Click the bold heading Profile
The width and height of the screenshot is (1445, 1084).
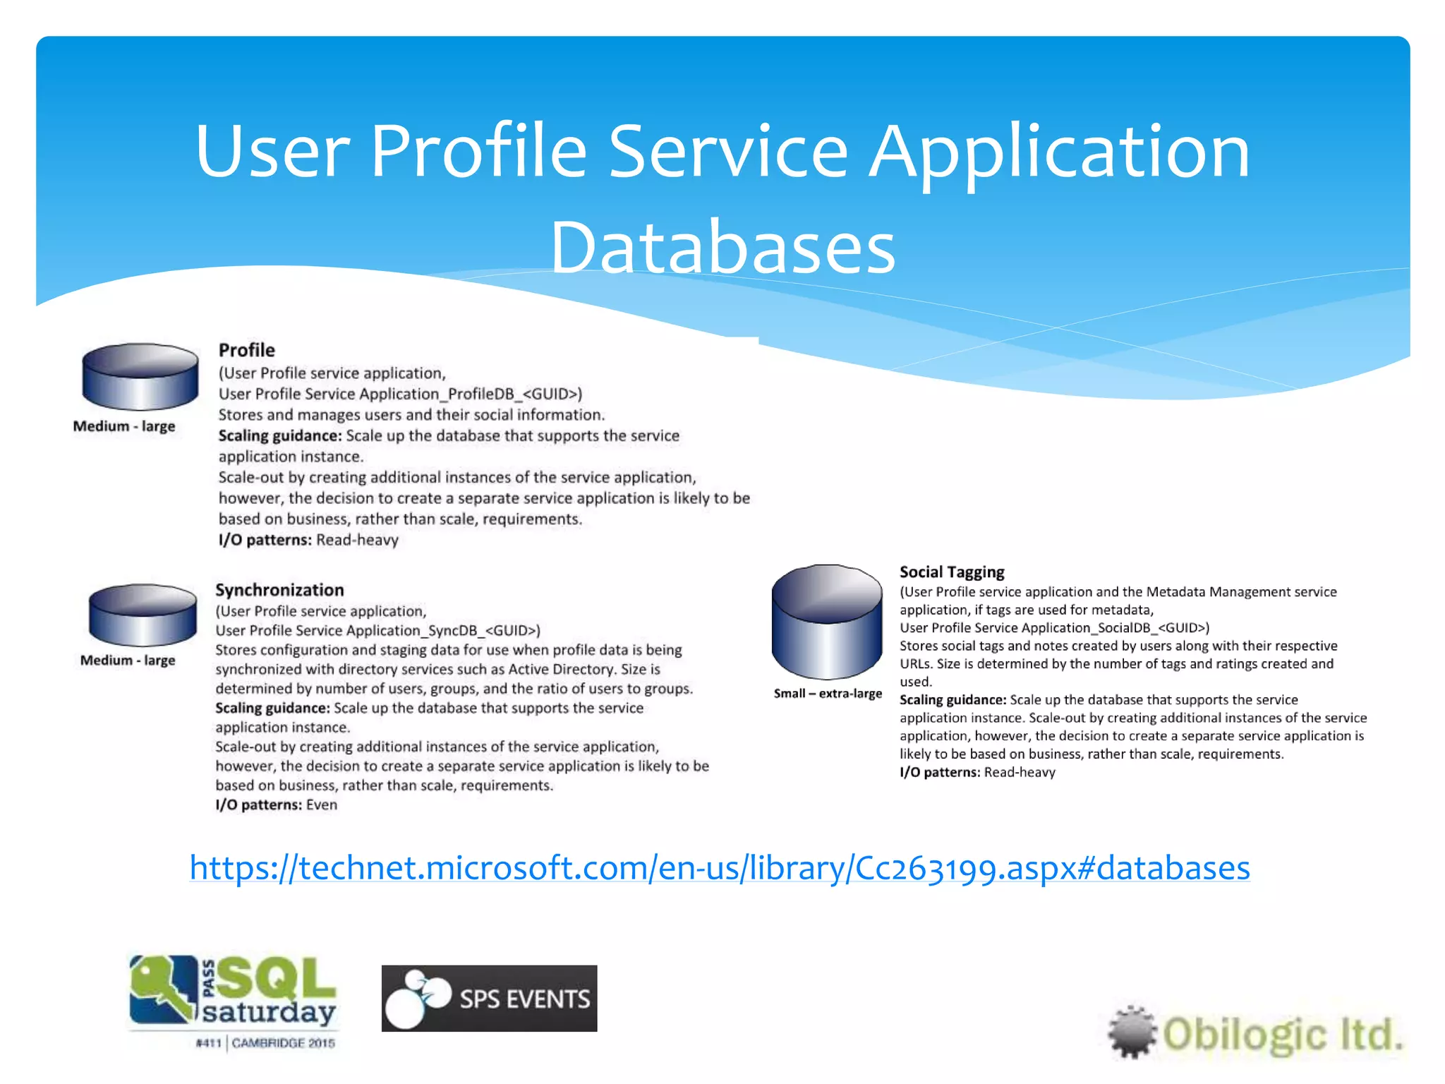pyautogui.click(x=246, y=350)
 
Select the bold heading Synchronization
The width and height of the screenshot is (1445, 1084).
pyautogui.click(x=279, y=590)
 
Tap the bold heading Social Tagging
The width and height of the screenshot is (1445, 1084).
pyautogui.click(x=951, y=572)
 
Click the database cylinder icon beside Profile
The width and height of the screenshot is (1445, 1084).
pyautogui.click(x=140, y=376)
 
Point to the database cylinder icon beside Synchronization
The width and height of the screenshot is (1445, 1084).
pyautogui.click(x=143, y=614)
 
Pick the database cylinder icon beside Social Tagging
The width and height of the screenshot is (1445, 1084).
pyautogui.click(x=826, y=621)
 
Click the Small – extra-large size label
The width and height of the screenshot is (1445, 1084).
pyautogui.click(x=827, y=694)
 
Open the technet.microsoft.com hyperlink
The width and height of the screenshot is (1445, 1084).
pyautogui.click(x=719, y=867)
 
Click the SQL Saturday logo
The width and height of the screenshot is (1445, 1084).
pyautogui.click(x=233, y=992)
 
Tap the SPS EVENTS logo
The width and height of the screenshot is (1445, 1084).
pyautogui.click(x=489, y=998)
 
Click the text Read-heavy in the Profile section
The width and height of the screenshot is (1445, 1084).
pyautogui.click(x=357, y=540)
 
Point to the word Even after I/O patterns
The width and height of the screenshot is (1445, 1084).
pyautogui.click(x=321, y=805)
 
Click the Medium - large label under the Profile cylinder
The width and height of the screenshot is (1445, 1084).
pyautogui.click(x=124, y=426)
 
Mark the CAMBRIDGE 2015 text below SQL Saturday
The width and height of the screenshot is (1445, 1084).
pyautogui.click(x=283, y=1043)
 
